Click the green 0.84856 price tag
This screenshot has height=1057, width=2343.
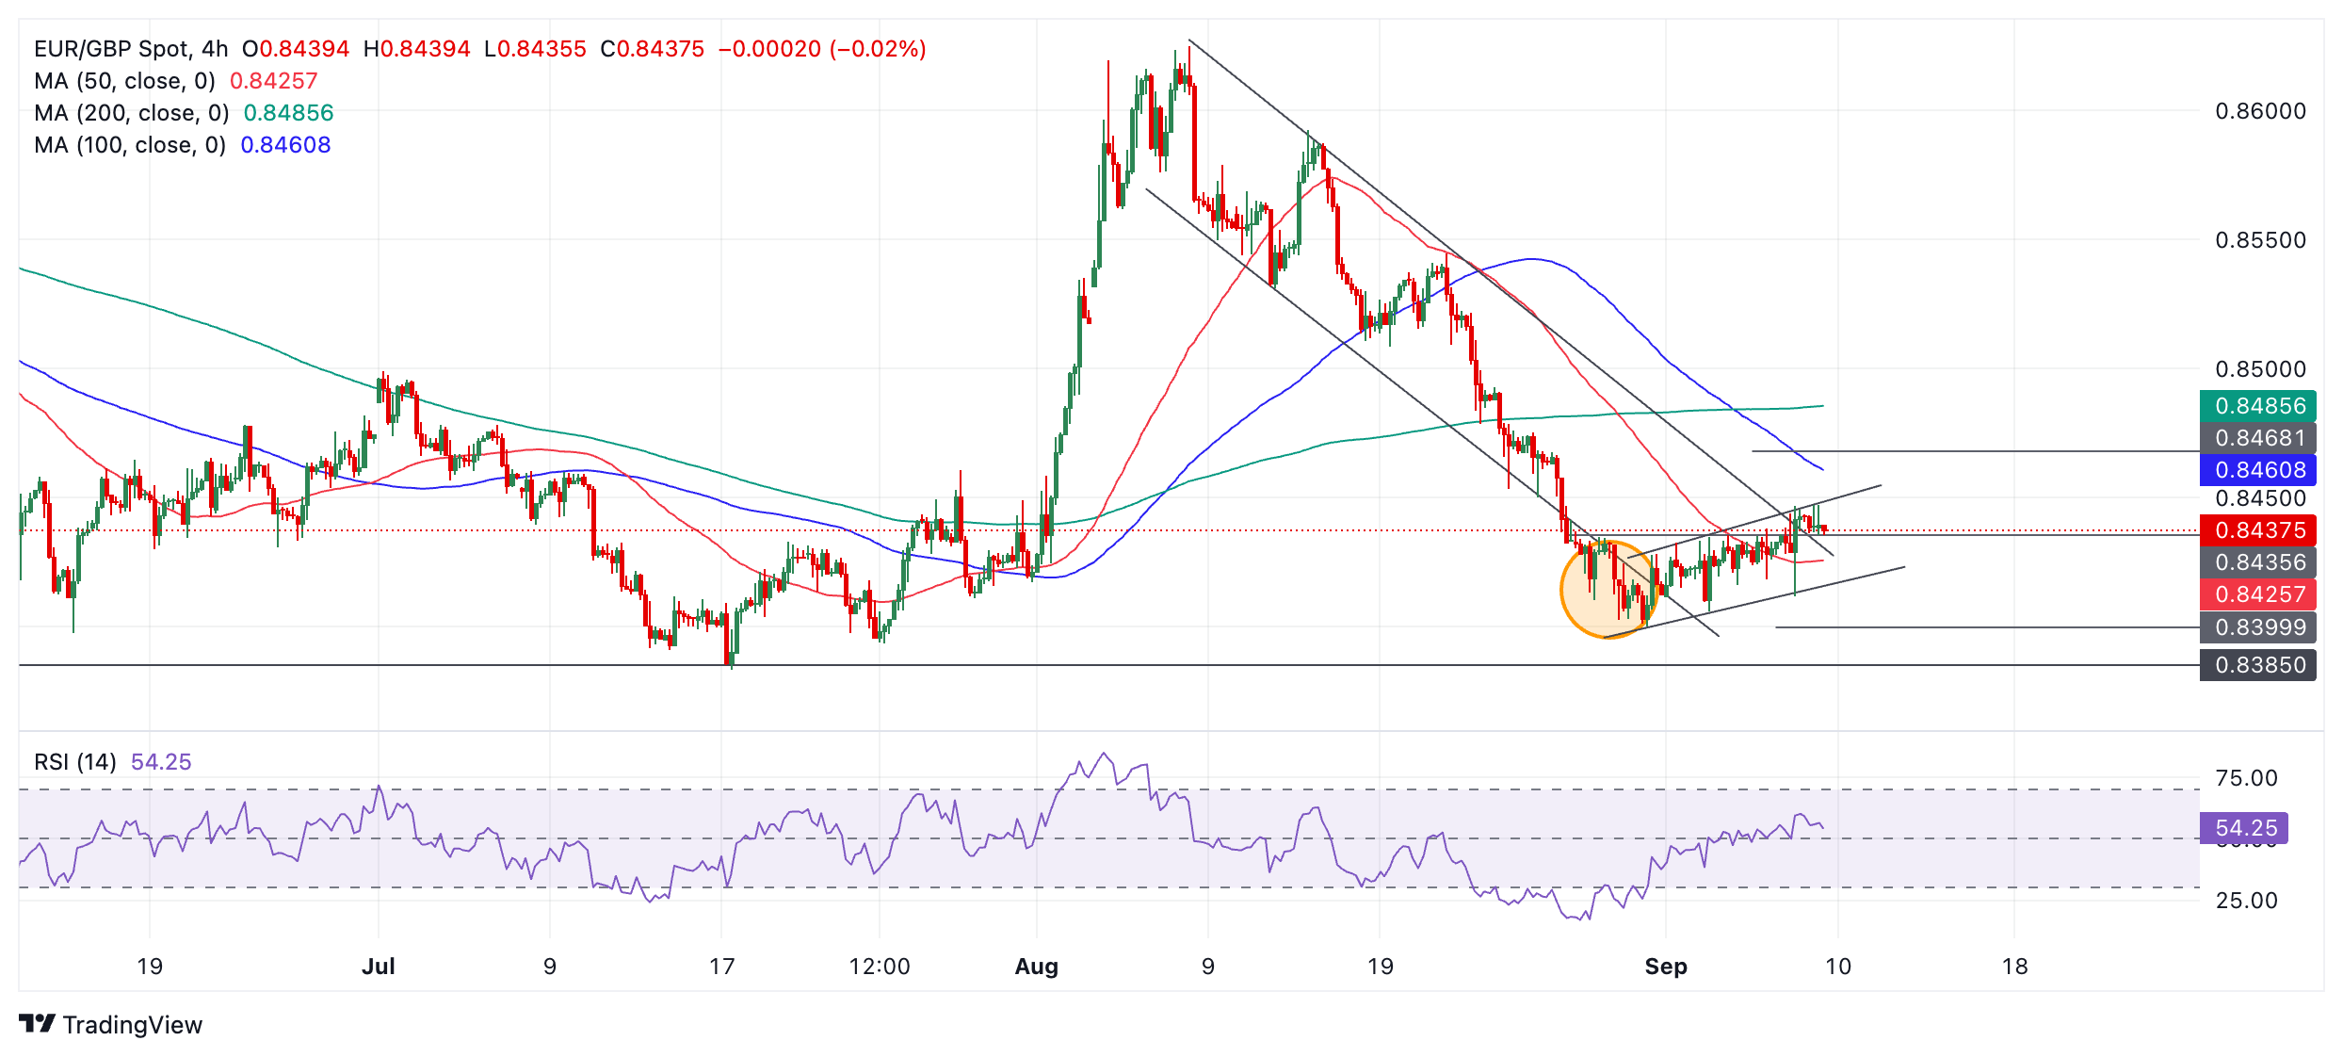pos(2257,406)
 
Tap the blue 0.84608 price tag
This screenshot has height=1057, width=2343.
pos(2257,470)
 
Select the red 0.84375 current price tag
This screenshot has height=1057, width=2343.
pos(2257,530)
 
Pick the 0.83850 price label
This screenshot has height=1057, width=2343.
pos(2257,665)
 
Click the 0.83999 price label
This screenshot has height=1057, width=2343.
pos(2257,627)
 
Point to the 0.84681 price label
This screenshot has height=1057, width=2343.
pos(2257,438)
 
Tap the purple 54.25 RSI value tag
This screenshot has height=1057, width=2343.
pos(2244,828)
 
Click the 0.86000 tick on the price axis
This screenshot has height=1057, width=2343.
pos(2260,111)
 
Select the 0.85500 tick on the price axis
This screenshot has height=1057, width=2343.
pos(2260,240)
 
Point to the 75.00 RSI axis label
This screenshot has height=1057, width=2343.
pos(2246,778)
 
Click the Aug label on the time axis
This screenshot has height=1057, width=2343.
pos(1036,967)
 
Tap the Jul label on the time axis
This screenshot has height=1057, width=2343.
pos(378,967)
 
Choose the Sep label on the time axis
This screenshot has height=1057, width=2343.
pos(1665,967)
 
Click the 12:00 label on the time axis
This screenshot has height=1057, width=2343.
pos(879,967)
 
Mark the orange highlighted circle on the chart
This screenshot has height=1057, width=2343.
pos(1607,591)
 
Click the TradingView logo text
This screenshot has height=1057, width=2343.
pos(132,1025)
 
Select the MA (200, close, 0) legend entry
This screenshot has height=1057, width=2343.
pos(132,113)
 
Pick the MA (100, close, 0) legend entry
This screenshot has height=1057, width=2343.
pos(130,145)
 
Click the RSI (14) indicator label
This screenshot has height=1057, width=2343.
pos(75,762)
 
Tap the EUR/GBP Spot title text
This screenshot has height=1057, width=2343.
pos(112,49)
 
